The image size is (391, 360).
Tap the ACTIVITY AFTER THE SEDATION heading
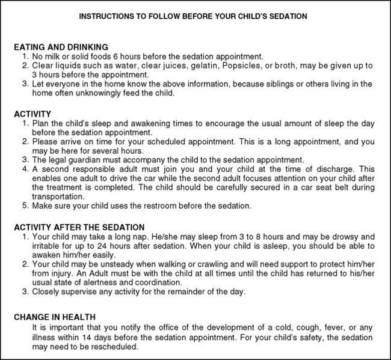click(x=78, y=227)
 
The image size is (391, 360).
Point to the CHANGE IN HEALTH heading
click(x=55, y=317)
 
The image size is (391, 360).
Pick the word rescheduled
click(x=112, y=347)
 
